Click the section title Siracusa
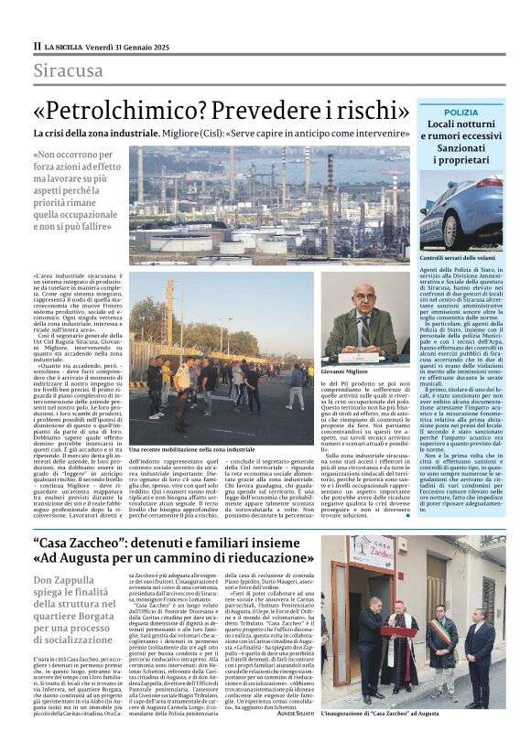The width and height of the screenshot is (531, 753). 68,70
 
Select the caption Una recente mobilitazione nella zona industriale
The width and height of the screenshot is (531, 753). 191,450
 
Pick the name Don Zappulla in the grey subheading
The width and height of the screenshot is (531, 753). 70,580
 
